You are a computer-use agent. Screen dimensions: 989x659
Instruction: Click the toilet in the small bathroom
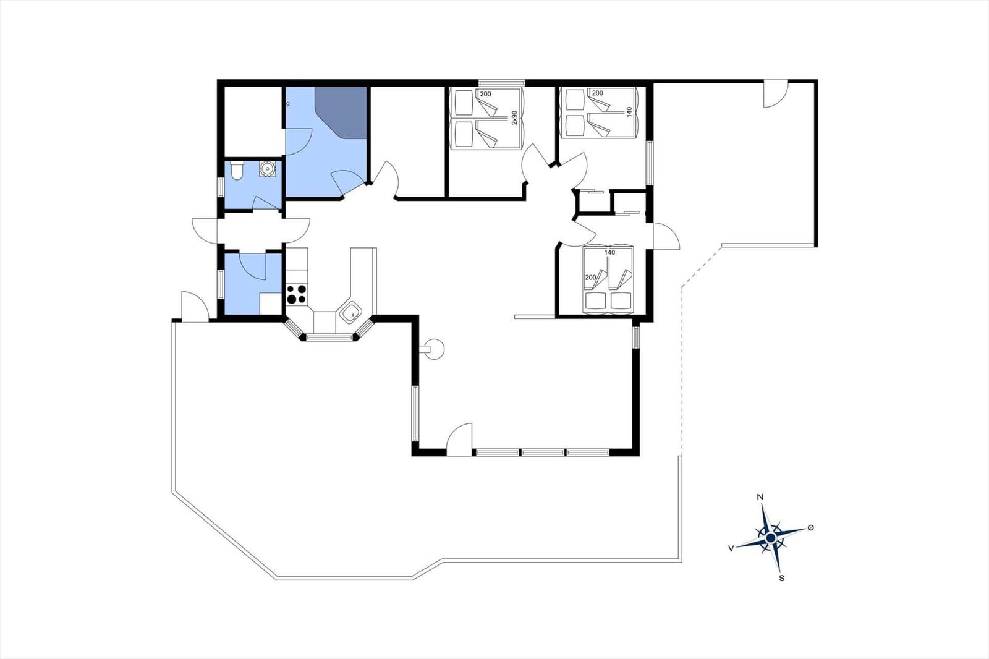237,171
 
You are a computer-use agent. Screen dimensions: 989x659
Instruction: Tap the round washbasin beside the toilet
267,169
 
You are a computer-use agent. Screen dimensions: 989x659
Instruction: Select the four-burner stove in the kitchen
297,294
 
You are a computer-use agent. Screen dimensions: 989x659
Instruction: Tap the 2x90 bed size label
514,117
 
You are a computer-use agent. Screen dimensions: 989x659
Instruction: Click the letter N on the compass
760,497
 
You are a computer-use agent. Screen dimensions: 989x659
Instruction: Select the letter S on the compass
781,578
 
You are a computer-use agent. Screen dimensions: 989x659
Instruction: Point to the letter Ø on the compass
810,527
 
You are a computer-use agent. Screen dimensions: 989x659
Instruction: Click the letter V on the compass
731,548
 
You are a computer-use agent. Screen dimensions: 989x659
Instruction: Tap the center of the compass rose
771,538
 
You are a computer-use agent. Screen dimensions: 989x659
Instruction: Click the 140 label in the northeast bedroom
629,111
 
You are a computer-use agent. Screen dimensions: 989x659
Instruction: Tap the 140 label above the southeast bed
609,253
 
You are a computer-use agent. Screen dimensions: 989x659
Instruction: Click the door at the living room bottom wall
459,440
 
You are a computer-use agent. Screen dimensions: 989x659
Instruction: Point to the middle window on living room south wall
543,453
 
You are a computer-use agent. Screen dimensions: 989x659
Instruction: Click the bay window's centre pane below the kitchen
329,338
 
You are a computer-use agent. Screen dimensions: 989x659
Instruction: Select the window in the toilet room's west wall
221,188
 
